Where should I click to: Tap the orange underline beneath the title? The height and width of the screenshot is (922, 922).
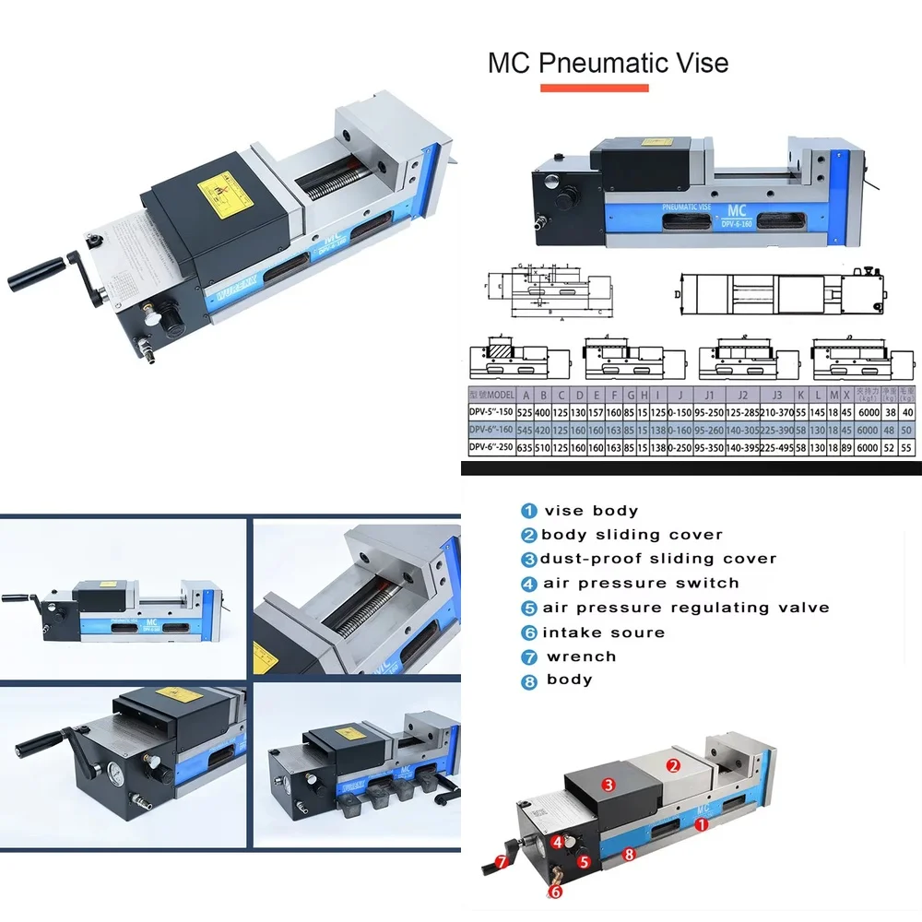[x=595, y=89]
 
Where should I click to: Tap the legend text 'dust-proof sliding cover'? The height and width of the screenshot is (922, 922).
[x=658, y=559]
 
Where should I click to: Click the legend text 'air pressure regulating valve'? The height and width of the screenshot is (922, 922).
[x=685, y=608]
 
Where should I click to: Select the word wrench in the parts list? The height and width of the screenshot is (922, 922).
[x=581, y=656]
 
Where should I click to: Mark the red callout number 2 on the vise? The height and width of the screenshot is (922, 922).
[x=673, y=764]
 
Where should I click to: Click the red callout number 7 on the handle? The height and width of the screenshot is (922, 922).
[x=501, y=862]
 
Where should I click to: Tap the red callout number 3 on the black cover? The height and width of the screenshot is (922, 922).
[x=608, y=785]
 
